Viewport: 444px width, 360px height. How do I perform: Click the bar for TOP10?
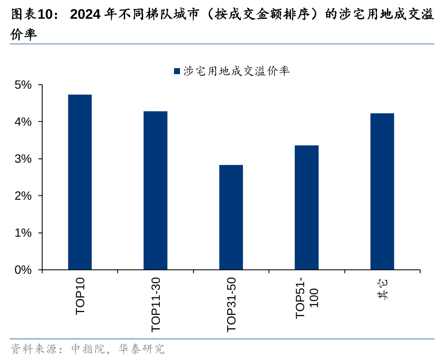click(x=80, y=182)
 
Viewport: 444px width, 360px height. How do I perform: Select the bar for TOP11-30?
click(x=155, y=191)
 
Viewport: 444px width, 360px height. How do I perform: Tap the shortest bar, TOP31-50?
click(x=231, y=217)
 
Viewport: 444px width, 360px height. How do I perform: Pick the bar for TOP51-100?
click(x=306, y=208)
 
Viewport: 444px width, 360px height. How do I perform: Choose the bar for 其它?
click(x=382, y=192)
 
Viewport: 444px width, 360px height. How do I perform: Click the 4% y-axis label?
click(x=23, y=122)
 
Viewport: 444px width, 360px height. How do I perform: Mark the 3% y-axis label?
click(x=23, y=159)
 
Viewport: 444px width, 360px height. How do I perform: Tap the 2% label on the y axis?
click(x=23, y=196)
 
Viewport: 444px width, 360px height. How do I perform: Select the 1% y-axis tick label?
click(x=23, y=233)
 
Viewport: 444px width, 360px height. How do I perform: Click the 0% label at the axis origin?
click(x=23, y=270)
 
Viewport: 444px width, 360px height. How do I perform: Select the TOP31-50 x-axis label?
click(x=231, y=304)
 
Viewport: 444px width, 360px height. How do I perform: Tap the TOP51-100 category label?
click(x=307, y=298)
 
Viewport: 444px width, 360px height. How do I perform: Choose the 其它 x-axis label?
click(x=382, y=290)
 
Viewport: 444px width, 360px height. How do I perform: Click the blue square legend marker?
click(x=177, y=71)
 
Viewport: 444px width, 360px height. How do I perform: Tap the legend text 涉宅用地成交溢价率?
click(x=237, y=71)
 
